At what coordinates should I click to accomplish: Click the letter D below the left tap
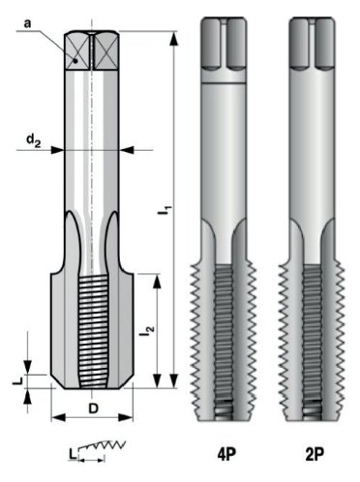coord(92,407)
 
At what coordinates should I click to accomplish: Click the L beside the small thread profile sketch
coord(73,452)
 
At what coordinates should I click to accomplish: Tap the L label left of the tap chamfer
coord(16,381)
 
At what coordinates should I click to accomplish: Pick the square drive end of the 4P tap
coord(229,44)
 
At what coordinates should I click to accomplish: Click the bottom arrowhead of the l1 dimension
coord(172,384)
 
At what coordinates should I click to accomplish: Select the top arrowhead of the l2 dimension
coord(152,278)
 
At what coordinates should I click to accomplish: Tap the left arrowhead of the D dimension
coord(55,419)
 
